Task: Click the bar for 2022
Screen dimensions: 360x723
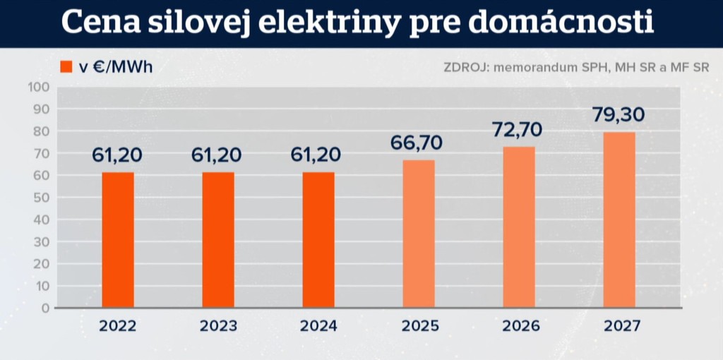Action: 118,240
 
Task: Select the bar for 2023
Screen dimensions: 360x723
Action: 218,240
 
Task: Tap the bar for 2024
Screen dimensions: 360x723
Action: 318,240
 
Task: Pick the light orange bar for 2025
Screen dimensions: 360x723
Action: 419,234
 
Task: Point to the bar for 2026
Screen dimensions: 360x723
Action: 519,227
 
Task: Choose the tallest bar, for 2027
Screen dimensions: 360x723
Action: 619,220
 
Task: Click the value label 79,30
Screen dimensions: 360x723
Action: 619,115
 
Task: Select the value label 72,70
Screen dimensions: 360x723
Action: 519,130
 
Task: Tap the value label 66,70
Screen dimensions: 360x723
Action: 417,143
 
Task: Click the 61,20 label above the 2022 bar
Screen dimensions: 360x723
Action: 118,155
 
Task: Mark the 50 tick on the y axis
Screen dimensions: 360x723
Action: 40,198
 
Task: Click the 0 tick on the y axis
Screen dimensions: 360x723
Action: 44,308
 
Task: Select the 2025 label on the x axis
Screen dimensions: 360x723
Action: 420,326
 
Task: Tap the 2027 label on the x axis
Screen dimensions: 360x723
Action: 621,326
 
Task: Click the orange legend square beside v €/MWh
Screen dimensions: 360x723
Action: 66,67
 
